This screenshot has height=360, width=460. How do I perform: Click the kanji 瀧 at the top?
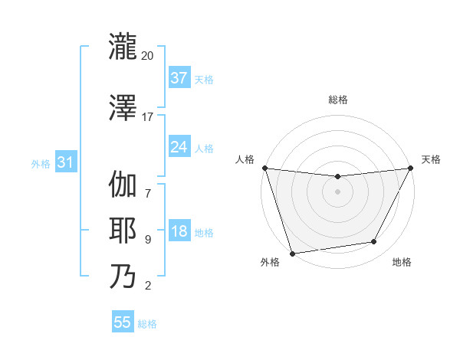(123, 46)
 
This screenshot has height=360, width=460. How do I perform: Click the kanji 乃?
(123, 276)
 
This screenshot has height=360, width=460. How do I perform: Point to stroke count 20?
(147, 56)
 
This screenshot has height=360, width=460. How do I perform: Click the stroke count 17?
(147, 116)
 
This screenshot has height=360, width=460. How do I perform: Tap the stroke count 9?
(147, 239)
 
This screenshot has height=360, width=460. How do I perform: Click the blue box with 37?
(179, 78)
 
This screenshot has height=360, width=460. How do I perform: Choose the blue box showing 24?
(179, 147)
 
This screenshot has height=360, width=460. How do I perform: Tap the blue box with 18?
(179, 231)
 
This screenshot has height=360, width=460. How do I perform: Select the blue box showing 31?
(65, 162)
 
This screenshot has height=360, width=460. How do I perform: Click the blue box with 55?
(123, 322)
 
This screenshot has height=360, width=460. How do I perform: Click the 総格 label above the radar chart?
(337, 100)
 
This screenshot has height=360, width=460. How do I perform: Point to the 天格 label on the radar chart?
(431, 159)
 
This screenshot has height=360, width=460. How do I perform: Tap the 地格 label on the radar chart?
(402, 263)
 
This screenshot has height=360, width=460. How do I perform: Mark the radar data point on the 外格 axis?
(291, 253)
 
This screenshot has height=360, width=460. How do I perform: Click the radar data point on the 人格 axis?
(264, 168)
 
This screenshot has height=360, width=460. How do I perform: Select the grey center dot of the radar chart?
(337, 191)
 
